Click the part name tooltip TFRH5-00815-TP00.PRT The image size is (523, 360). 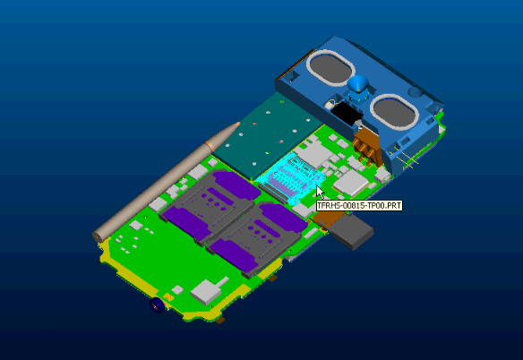pos(359,206)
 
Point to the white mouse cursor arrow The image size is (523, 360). pos(320,193)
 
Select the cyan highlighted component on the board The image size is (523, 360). pos(289,177)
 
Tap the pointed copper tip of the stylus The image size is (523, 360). pos(237,124)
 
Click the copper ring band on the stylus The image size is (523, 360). pos(210,145)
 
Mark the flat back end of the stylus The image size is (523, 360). pos(98,236)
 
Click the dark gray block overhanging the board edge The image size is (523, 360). pos(351,231)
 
